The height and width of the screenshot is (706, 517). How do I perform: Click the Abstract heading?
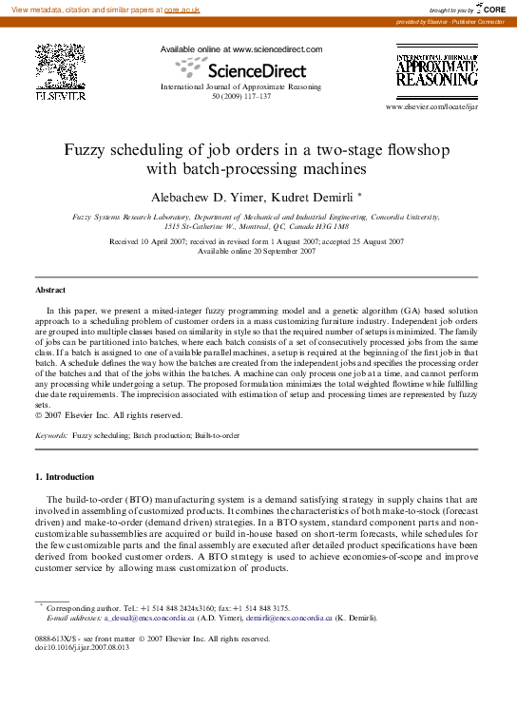pos(50,290)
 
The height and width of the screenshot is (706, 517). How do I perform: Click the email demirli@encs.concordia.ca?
pos(289,618)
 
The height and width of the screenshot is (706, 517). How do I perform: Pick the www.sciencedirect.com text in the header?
pos(278,49)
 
